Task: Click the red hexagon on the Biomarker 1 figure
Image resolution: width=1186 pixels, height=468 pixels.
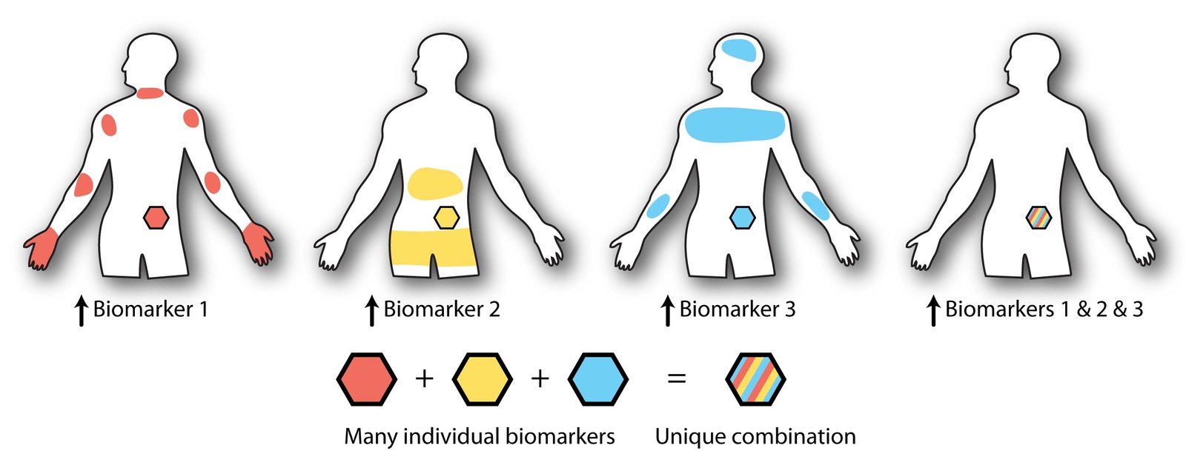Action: point(156,218)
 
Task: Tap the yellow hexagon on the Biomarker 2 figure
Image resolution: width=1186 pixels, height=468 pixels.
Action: point(446,218)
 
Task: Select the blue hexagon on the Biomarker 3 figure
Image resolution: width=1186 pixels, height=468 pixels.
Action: point(742,218)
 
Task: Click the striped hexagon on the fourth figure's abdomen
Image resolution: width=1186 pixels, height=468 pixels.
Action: point(1038,218)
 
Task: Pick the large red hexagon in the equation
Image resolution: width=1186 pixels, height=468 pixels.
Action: point(366,379)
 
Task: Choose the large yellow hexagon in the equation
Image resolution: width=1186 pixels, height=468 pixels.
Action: point(482,379)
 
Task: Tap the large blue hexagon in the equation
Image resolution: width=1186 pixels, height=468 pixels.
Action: point(598,379)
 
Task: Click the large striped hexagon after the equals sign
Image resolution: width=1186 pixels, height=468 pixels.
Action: point(755,379)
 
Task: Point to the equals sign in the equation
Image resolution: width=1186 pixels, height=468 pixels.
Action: point(677,379)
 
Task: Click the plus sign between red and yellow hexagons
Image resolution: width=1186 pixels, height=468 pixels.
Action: point(424,379)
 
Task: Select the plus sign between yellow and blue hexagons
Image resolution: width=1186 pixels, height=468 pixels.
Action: point(540,379)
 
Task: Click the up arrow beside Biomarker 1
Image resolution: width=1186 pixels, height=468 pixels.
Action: point(81,311)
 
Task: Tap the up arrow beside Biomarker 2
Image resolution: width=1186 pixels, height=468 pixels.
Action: point(371,311)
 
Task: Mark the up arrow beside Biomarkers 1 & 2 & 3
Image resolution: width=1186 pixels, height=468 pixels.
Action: point(933,311)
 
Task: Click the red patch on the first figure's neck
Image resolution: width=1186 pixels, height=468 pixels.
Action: point(150,93)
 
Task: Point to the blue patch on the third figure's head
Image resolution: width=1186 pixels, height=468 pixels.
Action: point(738,50)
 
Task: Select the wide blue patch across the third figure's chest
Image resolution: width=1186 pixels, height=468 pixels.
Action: point(735,123)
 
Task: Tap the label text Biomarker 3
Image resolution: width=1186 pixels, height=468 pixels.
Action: point(738,309)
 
